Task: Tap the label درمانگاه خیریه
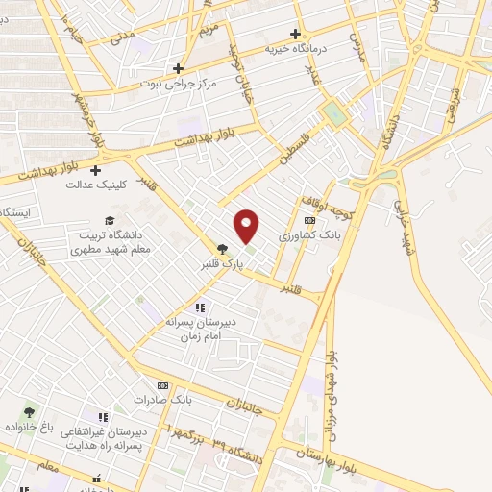click(x=323, y=47)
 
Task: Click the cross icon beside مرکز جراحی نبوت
click(x=178, y=68)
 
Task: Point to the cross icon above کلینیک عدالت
click(x=95, y=170)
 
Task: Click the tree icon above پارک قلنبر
click(x=223, y=248)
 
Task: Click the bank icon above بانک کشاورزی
click(x=307, y=220)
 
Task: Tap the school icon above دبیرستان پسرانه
click(x=199, y=307)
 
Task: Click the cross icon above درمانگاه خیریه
click(x=295, y=34)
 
